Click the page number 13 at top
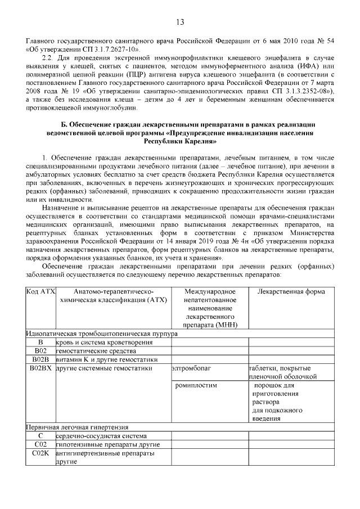pyautogui.click(x=180, y=22)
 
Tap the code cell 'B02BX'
pyautogui.click(x=40, y=369)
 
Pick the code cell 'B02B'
pyautogui.click(x=40, y=359)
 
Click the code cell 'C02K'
pyautogui.click(x=40, y=453)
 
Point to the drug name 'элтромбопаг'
pyautogui.click(x=193, y=369)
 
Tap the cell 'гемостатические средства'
pyautogui.click(x=87, y=351)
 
